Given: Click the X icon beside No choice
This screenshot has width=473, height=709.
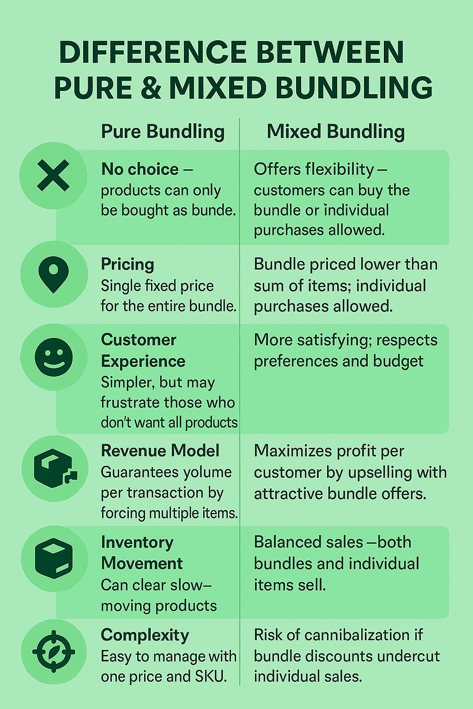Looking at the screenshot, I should click(x=54, y=175).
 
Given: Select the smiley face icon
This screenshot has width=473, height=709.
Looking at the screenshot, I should click(x=54, y=357).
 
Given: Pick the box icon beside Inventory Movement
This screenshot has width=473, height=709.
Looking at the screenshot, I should click(x=54, y=559).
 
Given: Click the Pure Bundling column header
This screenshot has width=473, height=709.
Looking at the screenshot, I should click(x=163, y=132).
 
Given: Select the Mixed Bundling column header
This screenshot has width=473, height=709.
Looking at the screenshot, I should click(x=336, y=132).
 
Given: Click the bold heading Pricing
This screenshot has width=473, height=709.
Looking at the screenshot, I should click(x=127, y=264).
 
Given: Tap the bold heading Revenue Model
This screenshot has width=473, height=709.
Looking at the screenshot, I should click(x=160, y=451).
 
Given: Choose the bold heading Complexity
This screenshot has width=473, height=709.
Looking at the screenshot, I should click(x=145, y=635).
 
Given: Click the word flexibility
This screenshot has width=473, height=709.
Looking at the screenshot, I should click(x=340, y=169).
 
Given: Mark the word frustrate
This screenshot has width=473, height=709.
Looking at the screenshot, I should click(x=129, y=403).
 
